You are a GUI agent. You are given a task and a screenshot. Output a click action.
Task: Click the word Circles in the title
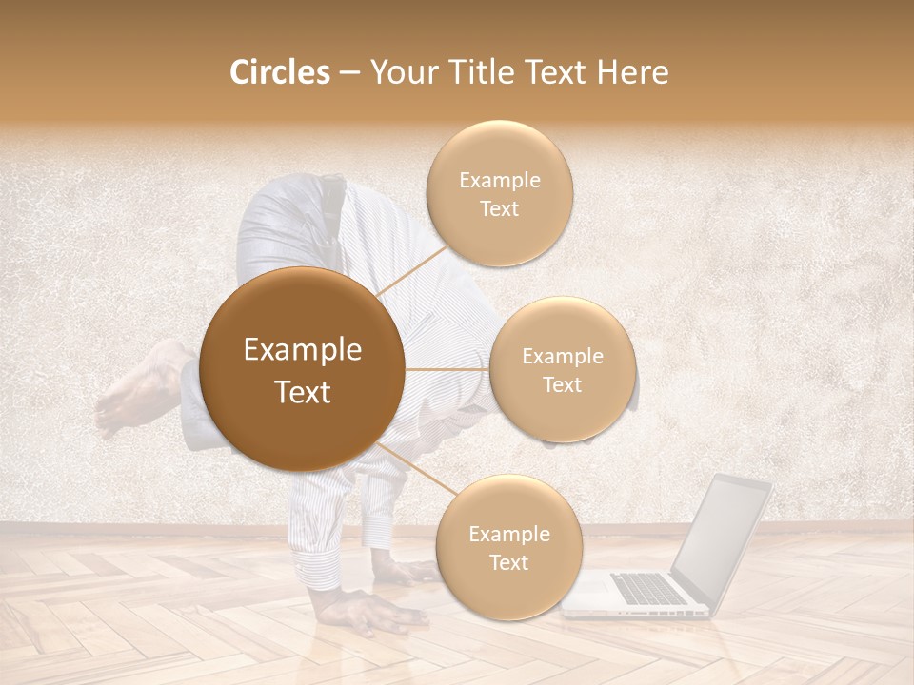point(279,72)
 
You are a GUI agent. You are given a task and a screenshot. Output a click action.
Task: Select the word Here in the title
point(632,72)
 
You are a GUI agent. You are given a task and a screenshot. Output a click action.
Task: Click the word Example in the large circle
point(302,350)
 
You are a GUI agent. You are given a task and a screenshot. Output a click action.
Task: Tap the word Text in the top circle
point(499,209)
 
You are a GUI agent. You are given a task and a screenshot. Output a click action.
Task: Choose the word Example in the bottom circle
point(508,534)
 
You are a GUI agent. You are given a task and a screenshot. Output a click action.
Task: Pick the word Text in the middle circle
point(562,384)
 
